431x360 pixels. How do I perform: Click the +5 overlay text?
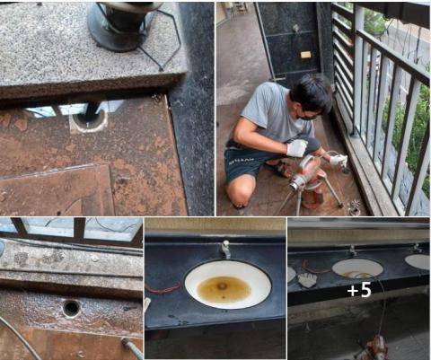[x=359, y=290]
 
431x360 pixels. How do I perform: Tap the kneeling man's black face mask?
[x=308, y=116]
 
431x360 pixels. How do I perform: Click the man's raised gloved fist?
[x=297, y=148]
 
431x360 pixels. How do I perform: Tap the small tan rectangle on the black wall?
[x=306, y=55]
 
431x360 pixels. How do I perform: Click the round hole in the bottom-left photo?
[x=71, y=308]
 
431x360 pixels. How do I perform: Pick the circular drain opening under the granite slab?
[x=89, y=120]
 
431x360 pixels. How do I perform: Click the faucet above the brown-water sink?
[x=226, y=249]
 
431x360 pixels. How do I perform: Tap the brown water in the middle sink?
[x=224, y=289]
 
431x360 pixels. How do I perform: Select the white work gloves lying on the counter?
[x=307, y=279]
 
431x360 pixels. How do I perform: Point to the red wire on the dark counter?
[x=163, y=288]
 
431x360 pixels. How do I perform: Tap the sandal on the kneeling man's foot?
[x=279, y=169]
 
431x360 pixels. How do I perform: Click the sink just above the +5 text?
[x=357, y=268]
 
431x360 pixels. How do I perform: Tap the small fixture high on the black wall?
[x=296, y=28]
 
